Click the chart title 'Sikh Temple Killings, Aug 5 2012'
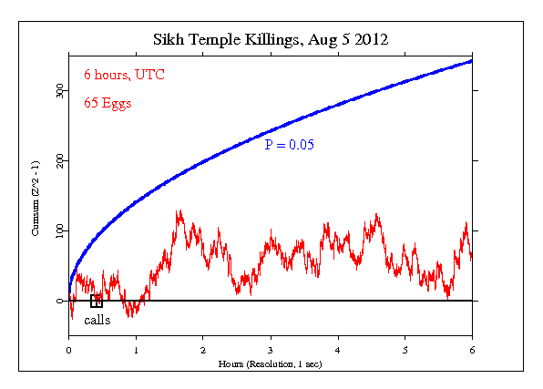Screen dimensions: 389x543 click(x=271, y=40)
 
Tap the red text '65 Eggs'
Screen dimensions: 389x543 click(x=108, y=103)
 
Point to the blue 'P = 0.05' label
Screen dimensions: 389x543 click(x=289, y=144)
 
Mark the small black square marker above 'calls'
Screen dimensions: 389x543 click(x=97, y=302)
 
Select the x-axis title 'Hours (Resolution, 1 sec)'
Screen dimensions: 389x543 click(x=271, y=363)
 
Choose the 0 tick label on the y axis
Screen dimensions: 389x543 click(x=59, y=301)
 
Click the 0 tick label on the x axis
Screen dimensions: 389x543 click(x=68, y=350)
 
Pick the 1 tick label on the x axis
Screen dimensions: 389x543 click(x=136, y=350)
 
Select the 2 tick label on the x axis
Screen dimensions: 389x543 click(x=203, y=350)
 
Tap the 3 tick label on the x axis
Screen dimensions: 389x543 click(x=271, y=350)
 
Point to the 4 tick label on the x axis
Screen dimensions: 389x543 click(x=338, y=350)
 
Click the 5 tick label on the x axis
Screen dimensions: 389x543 click(x=405, y=350)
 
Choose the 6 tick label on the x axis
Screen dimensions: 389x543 click(x=472, y=350)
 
